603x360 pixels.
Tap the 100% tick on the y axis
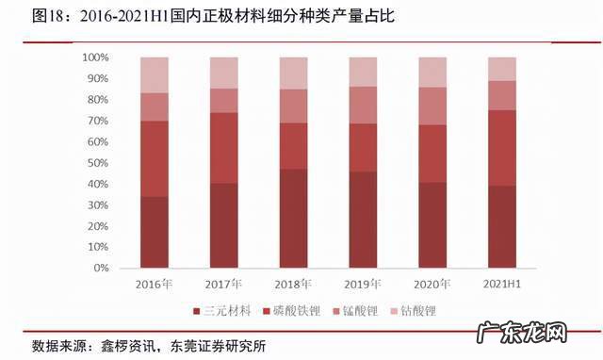pyautogui.click(x=97, y=57)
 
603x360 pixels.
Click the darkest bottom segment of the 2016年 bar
pyautogui.click(x=154, y=232)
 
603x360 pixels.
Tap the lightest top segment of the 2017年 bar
pyautogui.click(x=223, y=73)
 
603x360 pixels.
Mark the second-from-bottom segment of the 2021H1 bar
pyautogui.click(x=502, y=148)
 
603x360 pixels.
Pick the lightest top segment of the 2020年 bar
pyautogui.click(x=432, y=72)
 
